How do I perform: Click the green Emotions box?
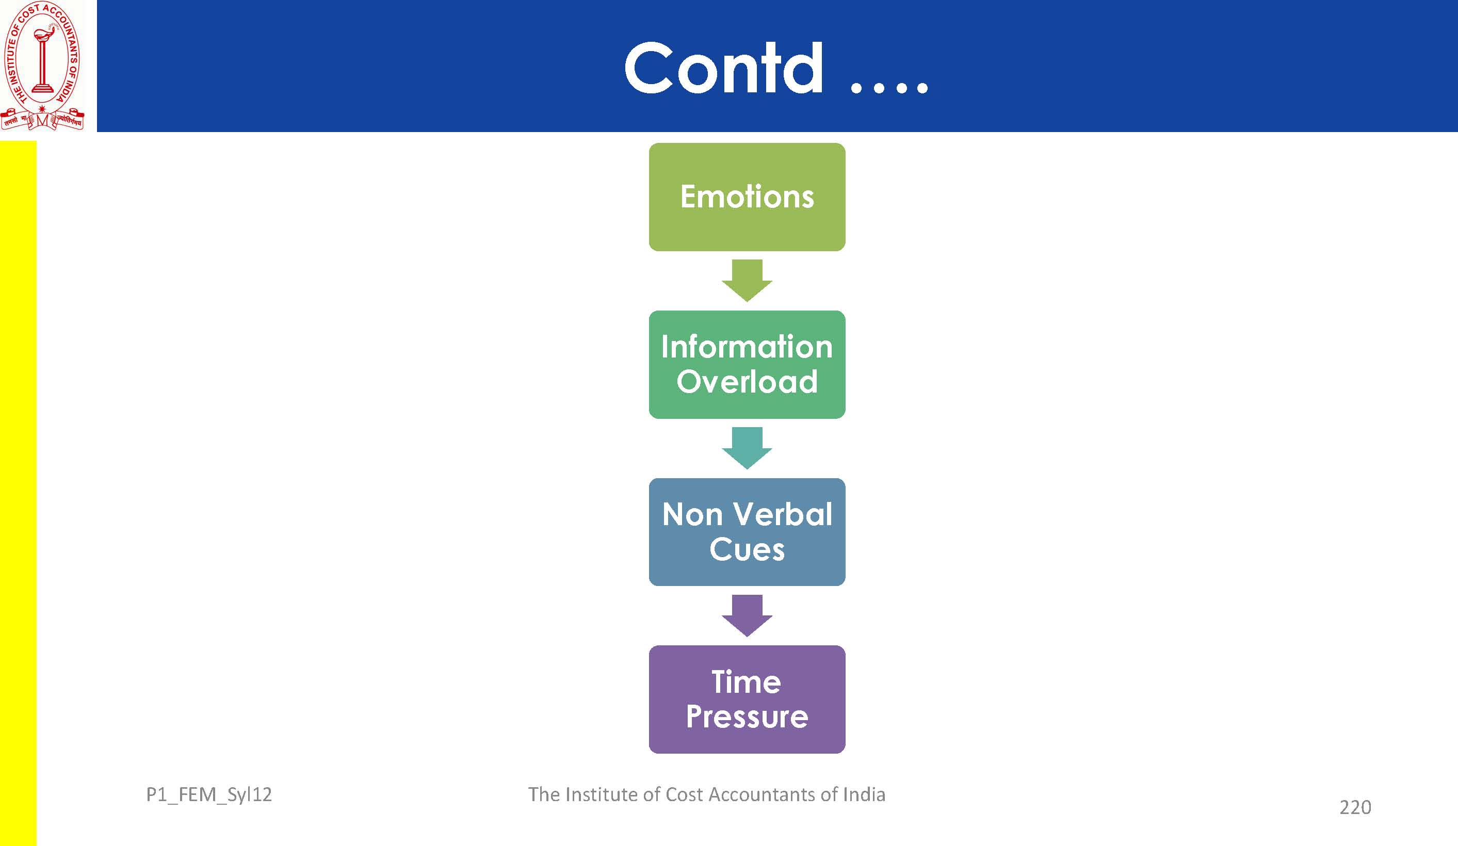[x=747, y=197]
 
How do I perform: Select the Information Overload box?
[x=747, y=365]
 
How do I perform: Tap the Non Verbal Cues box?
[x=747, y=532]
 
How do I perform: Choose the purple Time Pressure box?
[x=747, y=699]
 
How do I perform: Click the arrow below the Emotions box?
[x=747, y=281]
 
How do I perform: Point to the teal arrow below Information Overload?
[x=747, y=448]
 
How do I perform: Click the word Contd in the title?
[x=724, y=68]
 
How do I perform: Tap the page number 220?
[x=1355, y=807]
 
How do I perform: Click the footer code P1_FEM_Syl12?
[x=209, y=795]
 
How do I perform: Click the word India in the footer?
[x=864, y=794]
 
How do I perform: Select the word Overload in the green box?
[x=747, y=382]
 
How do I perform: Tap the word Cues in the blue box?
[x=747, y=549]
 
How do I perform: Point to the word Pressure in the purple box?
[x=747, y=717]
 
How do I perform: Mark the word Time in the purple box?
[x=747, y=681]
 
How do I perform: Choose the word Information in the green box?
[x=747, y=347]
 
